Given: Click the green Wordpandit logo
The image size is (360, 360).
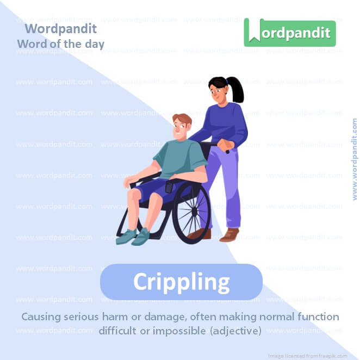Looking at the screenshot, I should click(289, 33).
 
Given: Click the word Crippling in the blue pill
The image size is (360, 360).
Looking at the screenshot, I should click(181, 282).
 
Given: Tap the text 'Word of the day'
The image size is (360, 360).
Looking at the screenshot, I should click(60, 44).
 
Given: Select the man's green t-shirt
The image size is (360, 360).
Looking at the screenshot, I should click(179, 158).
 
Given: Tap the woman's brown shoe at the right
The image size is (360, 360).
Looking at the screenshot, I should click(229, 235).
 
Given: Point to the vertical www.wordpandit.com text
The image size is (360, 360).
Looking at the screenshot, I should click(355, 159).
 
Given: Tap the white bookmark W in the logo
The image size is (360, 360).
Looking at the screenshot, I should click(253, 33).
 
